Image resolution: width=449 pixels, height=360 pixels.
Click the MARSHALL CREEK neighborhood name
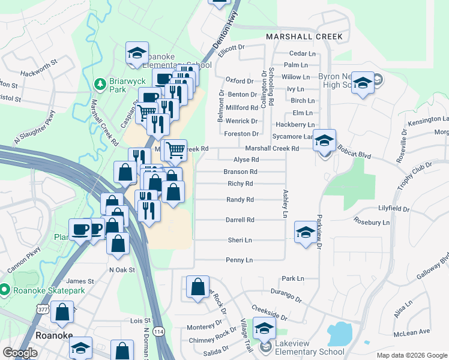(x=304, y=37)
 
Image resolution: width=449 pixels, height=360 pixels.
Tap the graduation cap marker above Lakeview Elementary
(x=264, y=328)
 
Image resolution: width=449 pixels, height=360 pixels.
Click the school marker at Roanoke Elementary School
(x=137, y=53)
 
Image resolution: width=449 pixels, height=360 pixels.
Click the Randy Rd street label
(x=240, y=200)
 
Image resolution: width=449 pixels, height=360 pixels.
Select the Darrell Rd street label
(x=240, y=220)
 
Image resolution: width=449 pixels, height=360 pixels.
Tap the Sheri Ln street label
(x=240, y=240)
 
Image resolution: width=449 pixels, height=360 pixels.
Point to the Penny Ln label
(x=239, y=260)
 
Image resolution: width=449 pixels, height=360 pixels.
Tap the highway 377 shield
(x=42, y=309)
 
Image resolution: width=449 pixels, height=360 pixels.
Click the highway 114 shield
(x=158, y=332)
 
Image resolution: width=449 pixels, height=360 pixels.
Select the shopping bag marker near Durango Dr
(x=197, y=287)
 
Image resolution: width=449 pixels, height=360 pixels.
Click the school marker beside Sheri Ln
(x=305, y=232)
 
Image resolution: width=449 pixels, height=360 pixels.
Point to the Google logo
(x=20, y=353)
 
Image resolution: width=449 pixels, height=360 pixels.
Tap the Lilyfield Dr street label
(x=394, y=209)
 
